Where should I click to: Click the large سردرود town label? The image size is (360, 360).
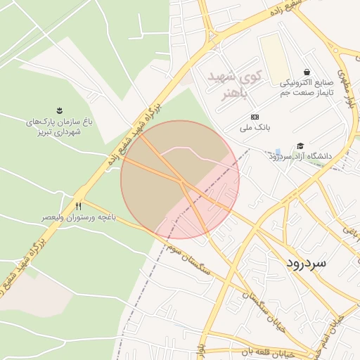pyautogui.click(x=307, y=262)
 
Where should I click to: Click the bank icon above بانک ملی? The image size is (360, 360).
pyautogui.click(x=254, y=117)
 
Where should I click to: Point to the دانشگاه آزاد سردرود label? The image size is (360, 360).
pyautogui.click(x=303, y=156)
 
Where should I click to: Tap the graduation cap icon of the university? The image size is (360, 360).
pyautogui.click(x=300, y=146)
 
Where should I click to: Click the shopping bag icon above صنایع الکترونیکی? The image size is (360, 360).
pyautogui.click(x=307, y=72)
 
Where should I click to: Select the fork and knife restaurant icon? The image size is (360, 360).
pyautogui.click(x=78, y=207)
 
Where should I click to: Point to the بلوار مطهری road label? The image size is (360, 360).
pyautogui.click(x=347, y=88)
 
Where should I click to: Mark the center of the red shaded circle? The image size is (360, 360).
pyautogui.click(x=180, y=179)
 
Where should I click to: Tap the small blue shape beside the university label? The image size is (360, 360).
pyautogui.click(x=278, y=153)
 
